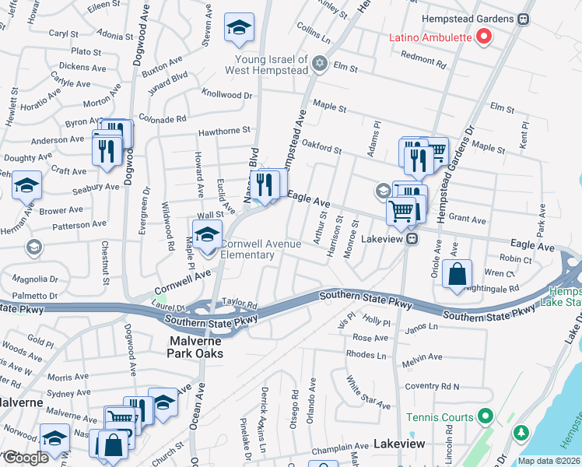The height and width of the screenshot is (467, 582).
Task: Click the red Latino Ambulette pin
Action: click(x=483, y=36)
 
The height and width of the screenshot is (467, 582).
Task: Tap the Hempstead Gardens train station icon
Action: click(x=524, y=19)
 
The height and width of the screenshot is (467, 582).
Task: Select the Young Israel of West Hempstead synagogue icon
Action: click(x=318, y=63)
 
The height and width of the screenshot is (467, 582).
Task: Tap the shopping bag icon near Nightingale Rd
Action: click(x=457, y=275)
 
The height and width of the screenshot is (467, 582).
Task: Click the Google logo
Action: click(x=26, y=458)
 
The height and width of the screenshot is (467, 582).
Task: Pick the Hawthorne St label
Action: click(x=224, y=131)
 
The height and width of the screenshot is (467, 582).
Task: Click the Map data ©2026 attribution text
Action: click(x=549, y=461)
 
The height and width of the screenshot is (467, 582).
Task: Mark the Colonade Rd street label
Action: click(x=162, y=119)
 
